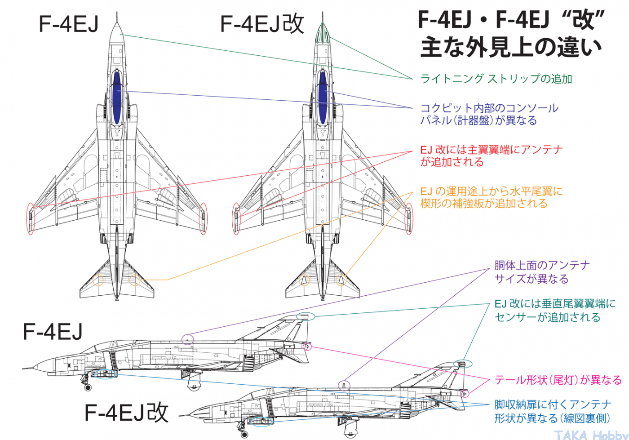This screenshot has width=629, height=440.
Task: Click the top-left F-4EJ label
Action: pyautogui.click(x=69, y=24)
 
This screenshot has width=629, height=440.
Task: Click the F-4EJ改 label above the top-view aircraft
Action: pyautogui.click(x=262, y=24)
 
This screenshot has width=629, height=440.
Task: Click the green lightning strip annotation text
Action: pyautogui.click(x=496, y=79)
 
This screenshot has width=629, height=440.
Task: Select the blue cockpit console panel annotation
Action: pyautogui.click(x=489, y=114)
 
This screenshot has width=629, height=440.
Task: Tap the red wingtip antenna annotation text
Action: pyautogui.click(x=491, y=156)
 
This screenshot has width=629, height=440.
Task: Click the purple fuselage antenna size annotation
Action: pyautogui.click(x=541, y=272)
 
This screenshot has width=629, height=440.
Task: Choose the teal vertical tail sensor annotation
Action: pyautogui.click(x=554, y=311)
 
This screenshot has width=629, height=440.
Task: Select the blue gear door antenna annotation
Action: pyautogui.click(x=553, y=411)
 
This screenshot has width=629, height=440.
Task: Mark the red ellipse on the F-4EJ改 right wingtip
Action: pyautogui.click(x=408, y=219)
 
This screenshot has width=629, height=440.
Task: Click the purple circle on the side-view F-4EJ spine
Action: pyautogui.click(x=188, y=339)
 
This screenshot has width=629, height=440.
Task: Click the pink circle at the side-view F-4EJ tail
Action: pyautogui.click(x=307, y=346)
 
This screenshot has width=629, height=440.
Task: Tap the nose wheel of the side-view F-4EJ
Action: pyautogui.click(x=87, y=387)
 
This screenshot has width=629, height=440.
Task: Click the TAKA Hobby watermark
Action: pyautogui.click(x=590, y=435)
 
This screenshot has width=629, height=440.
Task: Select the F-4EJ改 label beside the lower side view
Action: pyautogui.click(x=127, y=412)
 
